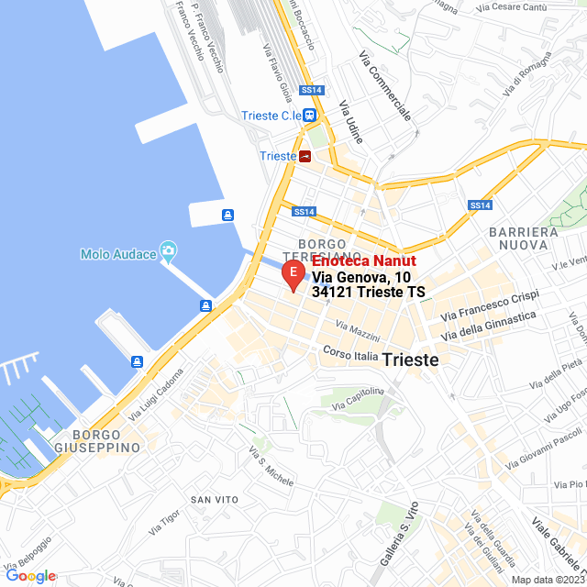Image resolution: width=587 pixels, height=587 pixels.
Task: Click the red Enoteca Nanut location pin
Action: pyautogui.click(x=292, y=274)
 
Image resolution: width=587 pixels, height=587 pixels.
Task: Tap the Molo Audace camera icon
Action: pyautogui.click(x=168, y=250)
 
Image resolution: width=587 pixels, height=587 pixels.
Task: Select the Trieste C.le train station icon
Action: pyautogui.click(x=310, y=116)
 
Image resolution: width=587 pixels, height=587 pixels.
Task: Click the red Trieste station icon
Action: pyautogui.click(x=305, y=156)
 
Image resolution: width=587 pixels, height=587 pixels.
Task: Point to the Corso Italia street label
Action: pyautogui.click(x=350, y=353)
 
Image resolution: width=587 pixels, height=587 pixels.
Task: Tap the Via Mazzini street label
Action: pyautogui.click(x=358, y=327)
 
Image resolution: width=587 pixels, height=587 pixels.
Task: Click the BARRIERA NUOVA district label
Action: pyautogui.click(x=524, y=238)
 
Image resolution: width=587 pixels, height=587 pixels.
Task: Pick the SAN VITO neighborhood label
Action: pyautogui.click(x=215, y=499)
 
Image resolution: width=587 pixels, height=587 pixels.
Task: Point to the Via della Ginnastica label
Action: pyautogui.click(x=488, y=327)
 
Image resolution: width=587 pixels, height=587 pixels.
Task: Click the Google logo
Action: pyautogui.click(x=30, y=576)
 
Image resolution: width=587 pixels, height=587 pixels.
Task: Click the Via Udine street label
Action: pyautogui.click(x=351, y=123)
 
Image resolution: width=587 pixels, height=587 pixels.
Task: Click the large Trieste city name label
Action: pyautogui.click(x=410, y=360)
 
